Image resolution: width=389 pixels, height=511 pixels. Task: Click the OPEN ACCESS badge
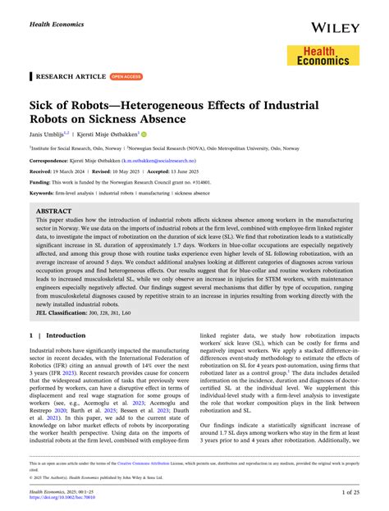[x=126, y=76]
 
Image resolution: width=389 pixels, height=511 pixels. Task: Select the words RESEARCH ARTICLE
[x=71, y=76]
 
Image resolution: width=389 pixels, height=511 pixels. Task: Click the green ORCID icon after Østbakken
[x=143, y=134]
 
